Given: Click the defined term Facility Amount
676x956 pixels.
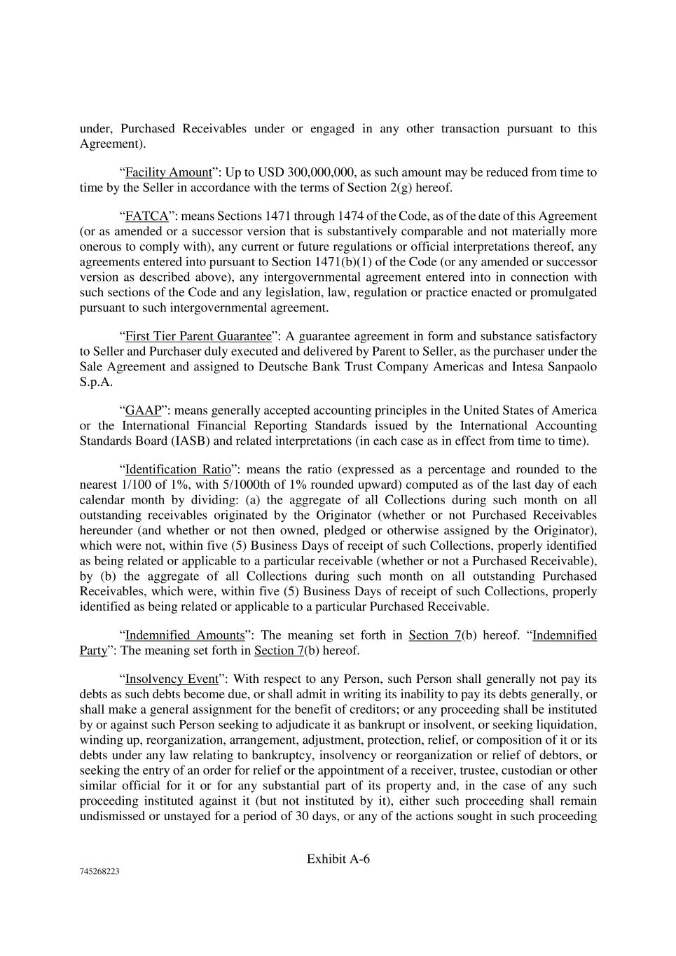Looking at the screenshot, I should [x=168, y=172].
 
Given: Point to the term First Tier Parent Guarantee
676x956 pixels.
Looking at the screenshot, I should [x=198, y=336].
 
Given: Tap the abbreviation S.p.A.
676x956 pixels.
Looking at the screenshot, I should [x=96, y=382].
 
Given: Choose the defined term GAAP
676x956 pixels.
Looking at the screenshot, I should [x=143, y=410].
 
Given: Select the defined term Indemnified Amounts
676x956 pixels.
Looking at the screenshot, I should [x=184, y=635].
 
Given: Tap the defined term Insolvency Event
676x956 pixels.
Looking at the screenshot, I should [x=172, y=679].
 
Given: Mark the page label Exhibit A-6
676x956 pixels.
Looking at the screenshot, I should [x=338, y=859].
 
